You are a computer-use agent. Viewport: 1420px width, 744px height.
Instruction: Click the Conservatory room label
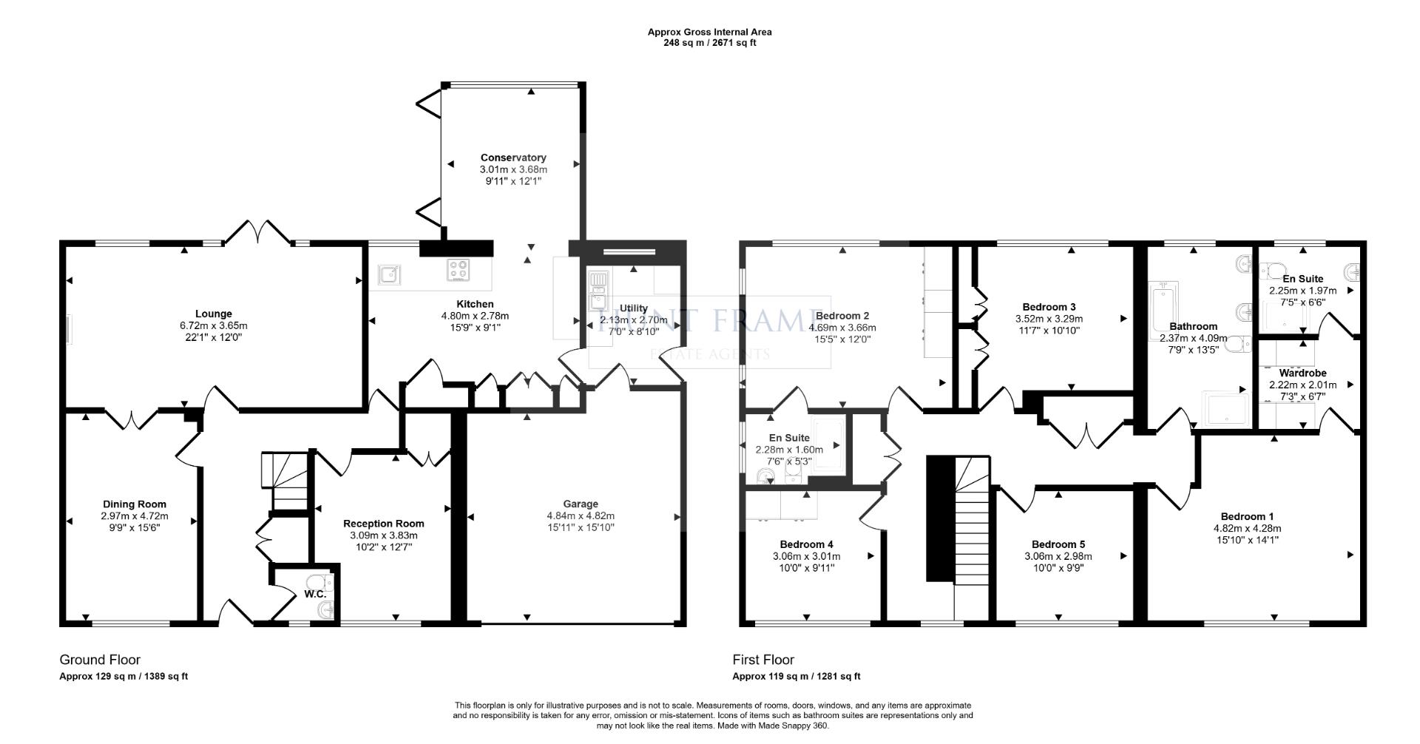pyautogui.click(x=513, y=158)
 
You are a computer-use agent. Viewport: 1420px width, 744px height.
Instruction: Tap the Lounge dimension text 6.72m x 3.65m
pyautogui.click(x=213, y=325)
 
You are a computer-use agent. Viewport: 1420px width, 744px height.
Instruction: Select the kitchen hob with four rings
pyautogui.click(x=458, y=270)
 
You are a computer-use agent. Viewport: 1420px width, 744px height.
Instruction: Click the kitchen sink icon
pyautogui.click(x=389, y=275)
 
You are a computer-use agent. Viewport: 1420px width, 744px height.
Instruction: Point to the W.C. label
pyautogui.click(x=315, y=594)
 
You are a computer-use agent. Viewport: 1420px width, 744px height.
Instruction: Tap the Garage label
pyautogui.click(x=581, y=504)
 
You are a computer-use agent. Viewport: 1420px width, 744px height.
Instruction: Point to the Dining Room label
pyautogui.click(x=135, y=504)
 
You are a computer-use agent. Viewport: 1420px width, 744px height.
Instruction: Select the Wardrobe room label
pyautogui.click(x=1302, y=373)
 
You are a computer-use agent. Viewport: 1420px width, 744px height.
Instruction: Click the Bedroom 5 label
pyautogui.click(x=1058, y=544)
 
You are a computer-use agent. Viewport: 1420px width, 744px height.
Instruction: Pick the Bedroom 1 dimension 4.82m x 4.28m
pyautogui.click(x=1247, y=528)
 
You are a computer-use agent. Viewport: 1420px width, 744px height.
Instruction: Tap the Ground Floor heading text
pyautogui.click(x=100, y=660)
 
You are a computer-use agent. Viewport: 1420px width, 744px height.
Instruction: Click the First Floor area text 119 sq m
pyautogui.click(x=796, y=676)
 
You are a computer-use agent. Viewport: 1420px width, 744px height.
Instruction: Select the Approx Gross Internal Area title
pyautogui.click(x=709, y=32)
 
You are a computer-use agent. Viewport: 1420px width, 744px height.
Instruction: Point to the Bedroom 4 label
pyautogui.click(x=806, y=544)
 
